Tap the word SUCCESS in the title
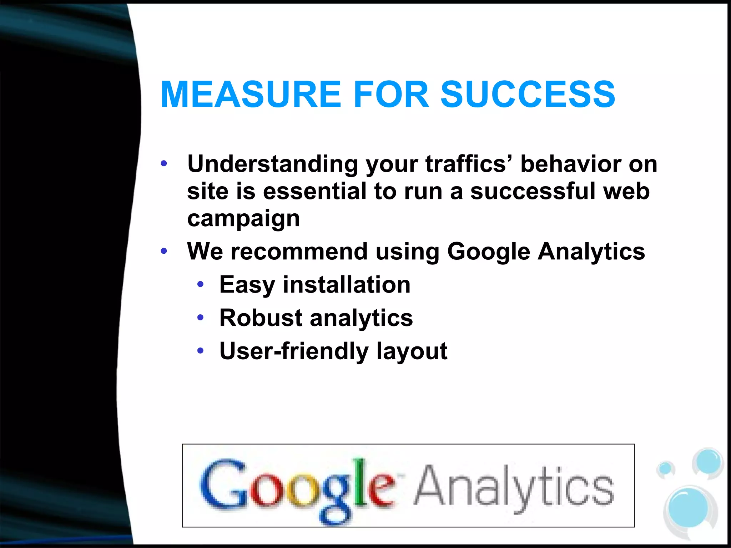click(x=528, y=94)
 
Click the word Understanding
click(x=273, y=164)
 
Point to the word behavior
click(x=570, y=164)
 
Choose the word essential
click(x=315, y=191)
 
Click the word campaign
click(x=243, y=218)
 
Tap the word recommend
click(x=299, y=251)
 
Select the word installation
click(x=347, y=285)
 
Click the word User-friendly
click(x=294, y=351)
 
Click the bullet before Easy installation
click(x=201, y=284)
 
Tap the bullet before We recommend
click(x=164, y=251)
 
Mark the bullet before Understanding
click(x=164, y=164)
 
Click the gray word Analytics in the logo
click(x=514, y=487)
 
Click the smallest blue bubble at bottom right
click(x=665, y=468)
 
